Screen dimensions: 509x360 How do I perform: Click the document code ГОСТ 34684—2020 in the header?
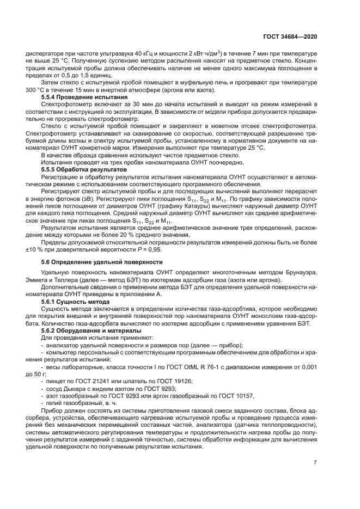coord(290,37)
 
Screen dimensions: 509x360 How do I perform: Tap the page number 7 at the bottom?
coord(315,463)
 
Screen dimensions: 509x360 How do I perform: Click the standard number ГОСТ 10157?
coord(236,396)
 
